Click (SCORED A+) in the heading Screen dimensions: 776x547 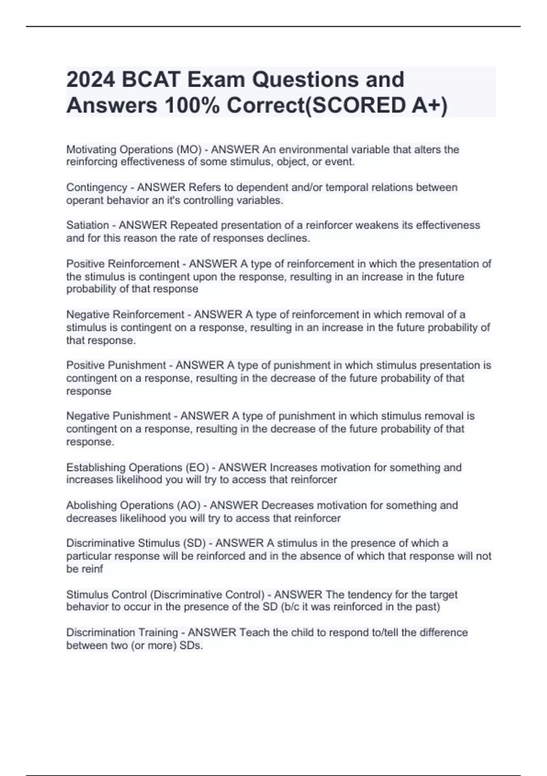(376, 106)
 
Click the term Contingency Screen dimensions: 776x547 (97, 187)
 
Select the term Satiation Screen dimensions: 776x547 (88, 225)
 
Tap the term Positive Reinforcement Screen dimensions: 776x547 (123, 264)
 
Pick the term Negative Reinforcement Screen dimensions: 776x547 (125, 315)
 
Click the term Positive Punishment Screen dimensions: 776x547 (116, 365)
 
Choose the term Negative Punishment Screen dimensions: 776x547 (119, 416)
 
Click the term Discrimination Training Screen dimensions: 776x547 (122, 633)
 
